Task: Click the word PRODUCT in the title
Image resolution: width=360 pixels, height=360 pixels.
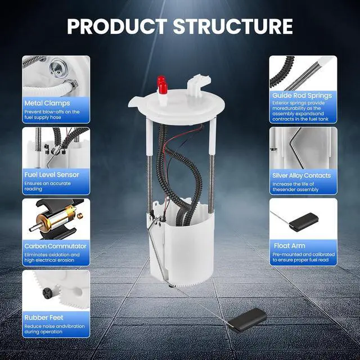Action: (x=117, y=26)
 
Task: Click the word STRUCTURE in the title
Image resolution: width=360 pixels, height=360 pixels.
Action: (x=233, y=26)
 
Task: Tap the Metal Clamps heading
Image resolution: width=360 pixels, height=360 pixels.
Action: (x=47, y=103)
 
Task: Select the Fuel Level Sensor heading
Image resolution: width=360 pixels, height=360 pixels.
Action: (x=52, y=175)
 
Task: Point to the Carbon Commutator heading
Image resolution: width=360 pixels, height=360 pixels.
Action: (x=55, y=246)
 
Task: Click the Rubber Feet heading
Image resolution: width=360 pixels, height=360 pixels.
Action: (x=44, y=317)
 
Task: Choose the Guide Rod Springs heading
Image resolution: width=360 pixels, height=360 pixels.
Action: (x=302, y=96)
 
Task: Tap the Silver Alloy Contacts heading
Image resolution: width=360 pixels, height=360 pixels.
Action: (x=301, y=175)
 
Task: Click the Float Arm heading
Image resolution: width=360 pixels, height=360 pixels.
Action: (x=290, y=246)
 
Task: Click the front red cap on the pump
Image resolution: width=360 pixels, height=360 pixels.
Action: (x=163, y=88)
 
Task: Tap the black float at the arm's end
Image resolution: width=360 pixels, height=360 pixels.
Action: (x=247, y=319)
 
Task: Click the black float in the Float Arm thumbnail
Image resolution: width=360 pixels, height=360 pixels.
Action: (x=304, y=222)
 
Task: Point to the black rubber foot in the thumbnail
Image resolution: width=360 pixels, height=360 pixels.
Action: (x=48, y=293)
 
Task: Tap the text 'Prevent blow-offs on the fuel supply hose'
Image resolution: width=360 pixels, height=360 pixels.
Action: (x=52, y=115)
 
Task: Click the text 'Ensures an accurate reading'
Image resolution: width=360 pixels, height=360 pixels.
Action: (x=47, y=186)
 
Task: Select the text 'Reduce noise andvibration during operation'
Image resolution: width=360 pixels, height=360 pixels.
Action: (x=55, y=329)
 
